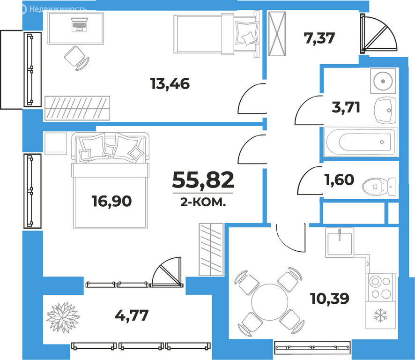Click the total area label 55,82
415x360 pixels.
pos(203,180)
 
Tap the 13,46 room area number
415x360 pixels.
pos(170,83)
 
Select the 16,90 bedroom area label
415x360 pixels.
pos(111,201)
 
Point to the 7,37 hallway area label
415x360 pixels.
pos(319,38)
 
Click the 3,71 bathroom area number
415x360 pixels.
pos(346,107)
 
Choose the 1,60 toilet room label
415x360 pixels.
pos(339,180)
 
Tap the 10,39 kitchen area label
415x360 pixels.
pos(329,298)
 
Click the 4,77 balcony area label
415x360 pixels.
pos(132,315)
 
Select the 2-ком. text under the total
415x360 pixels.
pos(203,202)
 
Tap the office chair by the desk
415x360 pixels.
pos(77,58)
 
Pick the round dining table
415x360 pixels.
pos(269,302)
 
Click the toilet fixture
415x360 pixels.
pos(379,186)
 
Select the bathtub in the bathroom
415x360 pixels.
pos(361,142)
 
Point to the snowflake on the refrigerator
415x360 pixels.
pos(380,315)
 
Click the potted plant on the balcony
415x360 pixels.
pos(63,317)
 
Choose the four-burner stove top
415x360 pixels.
pos(381,287)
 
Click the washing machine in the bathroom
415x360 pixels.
pos(383,81)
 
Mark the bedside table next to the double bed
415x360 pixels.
pos(56,143)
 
